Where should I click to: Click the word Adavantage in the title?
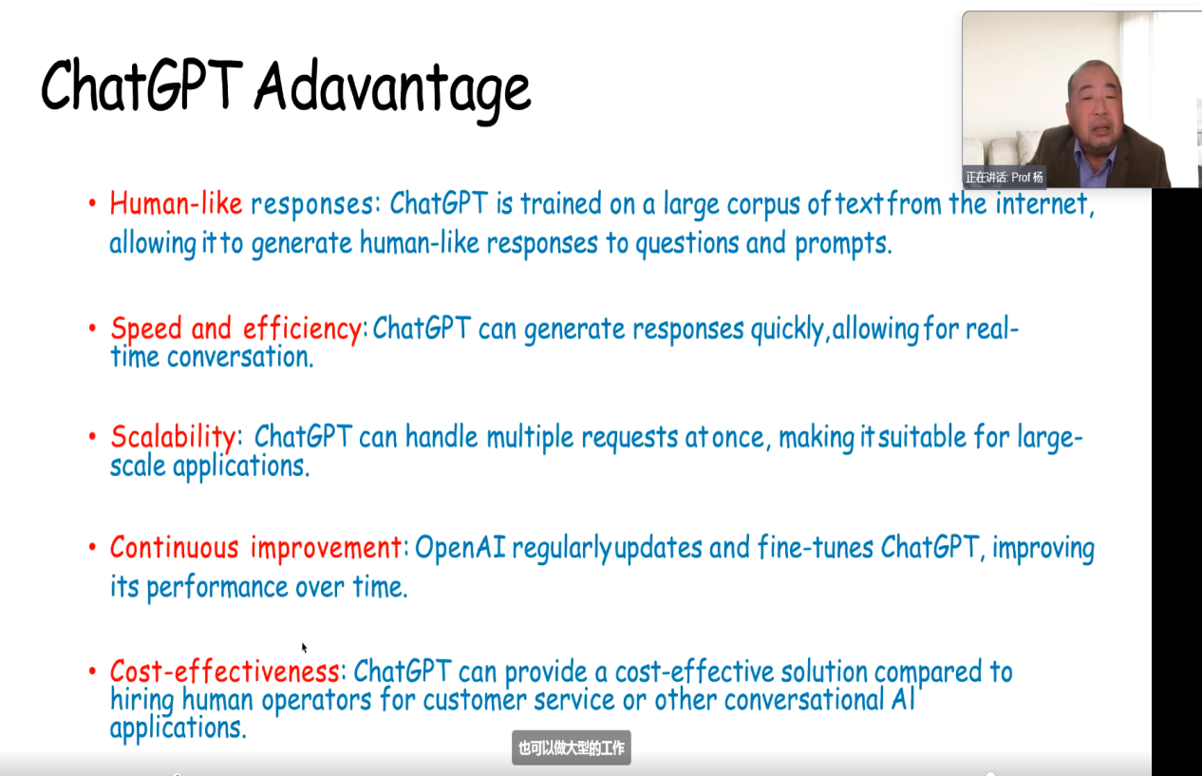click(x=393, y=90)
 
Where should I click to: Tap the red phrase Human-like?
click(x=176, y=204)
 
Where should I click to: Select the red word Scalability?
click(x=173, y=437)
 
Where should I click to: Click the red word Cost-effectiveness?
click(x=224, y=672)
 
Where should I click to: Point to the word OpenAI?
click(x=460, y=547)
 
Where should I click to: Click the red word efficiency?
click(x=302, y=329)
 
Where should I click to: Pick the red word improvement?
click(x=326, y=548)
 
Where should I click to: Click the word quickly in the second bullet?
click(x=787, y=329)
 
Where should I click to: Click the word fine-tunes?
click(x=816, y=547)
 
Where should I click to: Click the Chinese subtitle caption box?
click(x=571, y=748)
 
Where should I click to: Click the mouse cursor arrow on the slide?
click(x=304, y=648)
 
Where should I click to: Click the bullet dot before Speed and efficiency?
click(x=92, y=327)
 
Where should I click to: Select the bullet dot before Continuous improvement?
click(x=92, y=547)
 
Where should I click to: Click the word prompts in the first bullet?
click(x=843, y=244)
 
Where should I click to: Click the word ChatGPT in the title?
click(x=141, y=85)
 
